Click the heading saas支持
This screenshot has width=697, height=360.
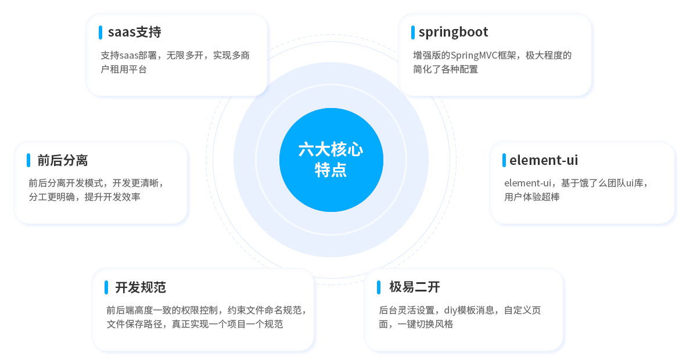[134, 32]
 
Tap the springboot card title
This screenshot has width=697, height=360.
[454, 33]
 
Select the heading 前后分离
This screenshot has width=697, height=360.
[63, 161]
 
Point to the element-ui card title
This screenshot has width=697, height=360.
[544, 160]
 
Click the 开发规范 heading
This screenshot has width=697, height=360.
[141, 287]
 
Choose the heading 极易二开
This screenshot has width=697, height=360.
[415, 287]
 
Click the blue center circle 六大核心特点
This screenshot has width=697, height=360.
[331, 160]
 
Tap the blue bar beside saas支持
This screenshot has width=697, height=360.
[100, 33]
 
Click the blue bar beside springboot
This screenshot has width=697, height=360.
[413, 33]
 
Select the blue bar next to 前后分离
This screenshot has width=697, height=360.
[28, 160]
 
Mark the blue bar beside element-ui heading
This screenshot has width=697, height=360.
[504, 160]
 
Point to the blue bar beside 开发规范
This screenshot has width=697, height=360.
[106, 287]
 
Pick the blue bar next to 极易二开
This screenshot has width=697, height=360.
[379, 287]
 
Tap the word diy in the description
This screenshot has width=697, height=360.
[451, 310]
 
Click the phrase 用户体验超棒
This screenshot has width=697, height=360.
[532, 197]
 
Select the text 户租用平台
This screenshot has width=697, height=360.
[124, 69]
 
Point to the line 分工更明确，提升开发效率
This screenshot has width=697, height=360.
[84, 197]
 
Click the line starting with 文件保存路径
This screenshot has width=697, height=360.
[195, 324]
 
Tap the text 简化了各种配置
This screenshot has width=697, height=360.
[445, 69]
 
